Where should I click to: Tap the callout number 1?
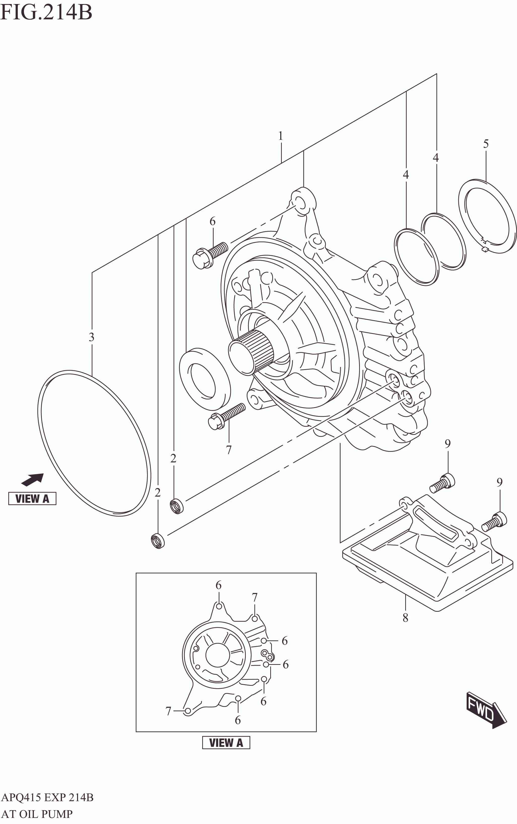point(281,136)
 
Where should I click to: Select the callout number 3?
point(91,337)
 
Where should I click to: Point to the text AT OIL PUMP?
point(37,814)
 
